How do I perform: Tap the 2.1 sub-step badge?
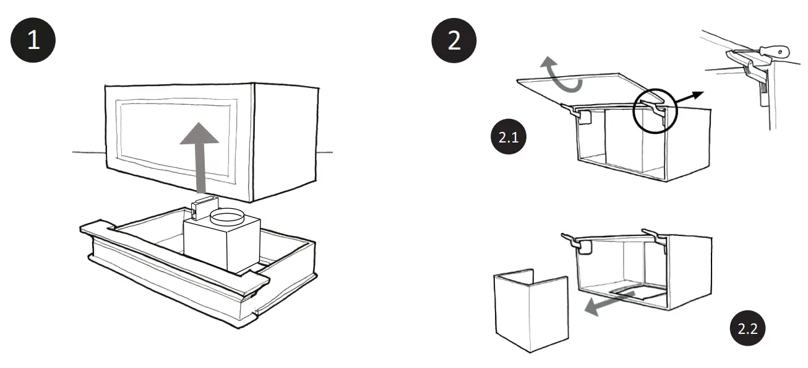[508, 138]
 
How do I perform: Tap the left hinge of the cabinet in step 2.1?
[578, 112]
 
